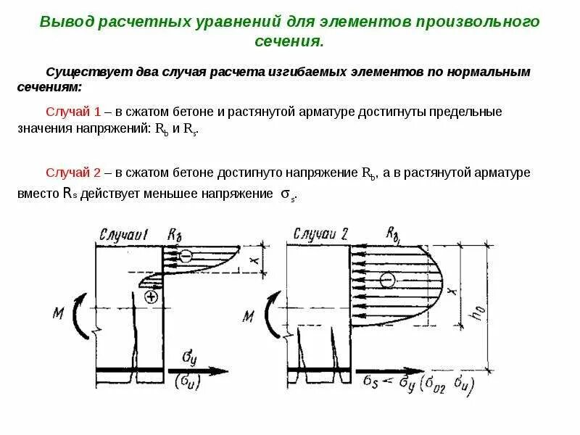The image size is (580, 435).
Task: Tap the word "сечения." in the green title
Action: click(x=289, y=41)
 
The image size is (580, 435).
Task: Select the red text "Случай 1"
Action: click(x=72, y=112)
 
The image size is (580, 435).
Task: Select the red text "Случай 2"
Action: click(x=72, y=173)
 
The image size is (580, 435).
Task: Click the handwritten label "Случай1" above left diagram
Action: click(x=123, y=234)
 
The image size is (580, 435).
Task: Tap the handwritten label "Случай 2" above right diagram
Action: click(x=320, y=233)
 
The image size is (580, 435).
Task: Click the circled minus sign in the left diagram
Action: click(x=186, y=255)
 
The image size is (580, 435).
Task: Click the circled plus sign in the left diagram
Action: click(x=152, y=296)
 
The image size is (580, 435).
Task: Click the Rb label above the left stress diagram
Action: click(x=174, y=234)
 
